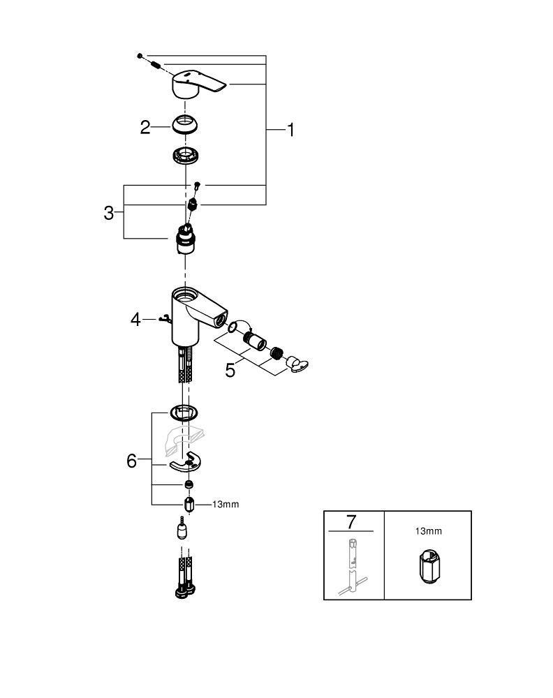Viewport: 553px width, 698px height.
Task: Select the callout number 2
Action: click(145, 127)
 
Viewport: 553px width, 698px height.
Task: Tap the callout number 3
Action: click(109, 213)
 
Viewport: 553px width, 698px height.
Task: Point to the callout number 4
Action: click(136, 320)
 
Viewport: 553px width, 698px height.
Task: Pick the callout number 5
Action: click(230, 369)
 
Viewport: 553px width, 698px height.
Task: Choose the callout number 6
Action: click(132, 461)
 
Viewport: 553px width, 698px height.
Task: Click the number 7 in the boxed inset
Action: click(351, 521)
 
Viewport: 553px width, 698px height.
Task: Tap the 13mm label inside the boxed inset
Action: click(428, 531)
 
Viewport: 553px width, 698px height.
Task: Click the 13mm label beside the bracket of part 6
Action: click(225, 504)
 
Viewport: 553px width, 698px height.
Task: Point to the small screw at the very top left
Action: click(140, 54)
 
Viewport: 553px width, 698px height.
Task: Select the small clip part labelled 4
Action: click(164, 320)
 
